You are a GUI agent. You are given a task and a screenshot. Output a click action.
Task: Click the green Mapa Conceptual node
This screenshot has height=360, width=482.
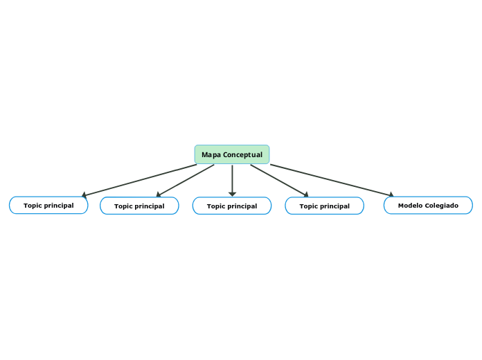pyautogui.click(x=232, y=154)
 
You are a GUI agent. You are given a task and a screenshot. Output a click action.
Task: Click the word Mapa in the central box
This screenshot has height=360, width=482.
pyautogui.click(x=211, y=154)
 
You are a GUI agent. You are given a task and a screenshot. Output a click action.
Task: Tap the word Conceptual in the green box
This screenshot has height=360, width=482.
pyautogui.click(x=242, y=154)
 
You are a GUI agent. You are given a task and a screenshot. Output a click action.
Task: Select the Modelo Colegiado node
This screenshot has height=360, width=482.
pyautogui.click(x=428, y=206)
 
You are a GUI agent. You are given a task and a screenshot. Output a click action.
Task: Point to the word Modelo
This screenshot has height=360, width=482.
pyautogui.click(x=411, y=206)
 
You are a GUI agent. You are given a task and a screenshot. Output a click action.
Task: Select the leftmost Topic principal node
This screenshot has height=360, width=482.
pyautogui.click(x=48, y=206)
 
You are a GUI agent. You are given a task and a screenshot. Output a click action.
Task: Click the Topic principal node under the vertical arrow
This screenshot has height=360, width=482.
pyautogui.click(x=232, y=206)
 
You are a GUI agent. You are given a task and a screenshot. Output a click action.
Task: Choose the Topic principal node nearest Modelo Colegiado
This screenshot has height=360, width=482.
pyautogui.click(x=324, y=206)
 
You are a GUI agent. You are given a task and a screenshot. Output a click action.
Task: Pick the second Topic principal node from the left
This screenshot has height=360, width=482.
pyautogui.click(x=139, y=206)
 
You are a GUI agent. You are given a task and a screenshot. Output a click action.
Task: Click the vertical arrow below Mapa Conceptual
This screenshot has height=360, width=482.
pyautogui.click(x=232, y=179)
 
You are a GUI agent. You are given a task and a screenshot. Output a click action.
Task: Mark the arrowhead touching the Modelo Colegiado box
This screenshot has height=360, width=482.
pyautogui.click(x=391, y=195)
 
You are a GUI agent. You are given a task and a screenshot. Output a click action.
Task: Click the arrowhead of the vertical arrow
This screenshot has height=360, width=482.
pyautogui.click(x=232, y=194)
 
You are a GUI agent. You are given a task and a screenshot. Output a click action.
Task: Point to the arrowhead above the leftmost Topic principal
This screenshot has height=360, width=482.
pyautogui.click(x=84, y=195)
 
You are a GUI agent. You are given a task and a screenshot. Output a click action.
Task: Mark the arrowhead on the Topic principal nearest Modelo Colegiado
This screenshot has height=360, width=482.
pyautogui.click(x=306, y=195)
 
